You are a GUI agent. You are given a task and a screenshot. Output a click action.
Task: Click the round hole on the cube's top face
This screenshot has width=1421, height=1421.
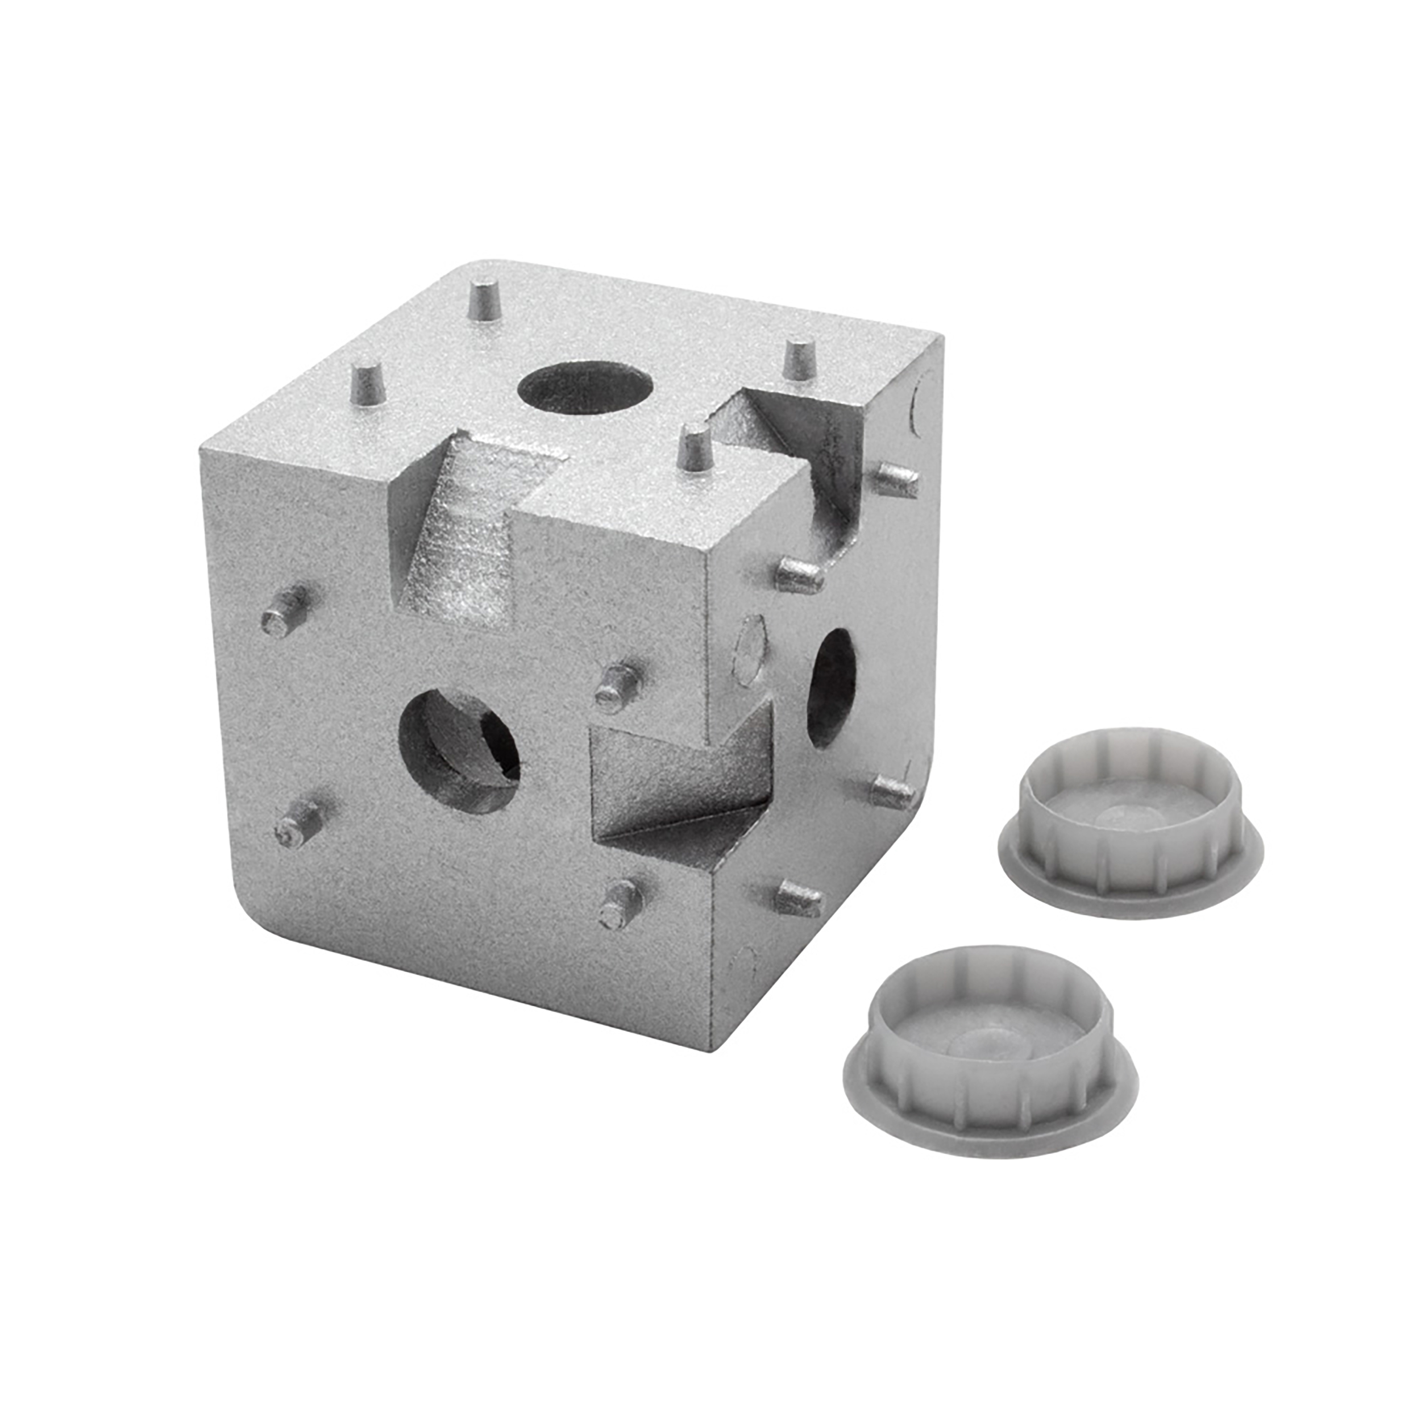[x=585, y=387]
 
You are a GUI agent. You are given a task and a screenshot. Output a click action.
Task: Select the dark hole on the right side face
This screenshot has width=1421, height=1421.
[x=833, y=688]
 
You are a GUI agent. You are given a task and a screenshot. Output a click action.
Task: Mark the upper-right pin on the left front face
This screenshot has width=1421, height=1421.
[x=620, y=685]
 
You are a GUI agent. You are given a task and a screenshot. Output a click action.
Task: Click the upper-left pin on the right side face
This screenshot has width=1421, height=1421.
[x=799, y=575]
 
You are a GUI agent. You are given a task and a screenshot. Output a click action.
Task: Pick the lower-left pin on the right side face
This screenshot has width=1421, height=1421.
[x=799, y=898]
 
